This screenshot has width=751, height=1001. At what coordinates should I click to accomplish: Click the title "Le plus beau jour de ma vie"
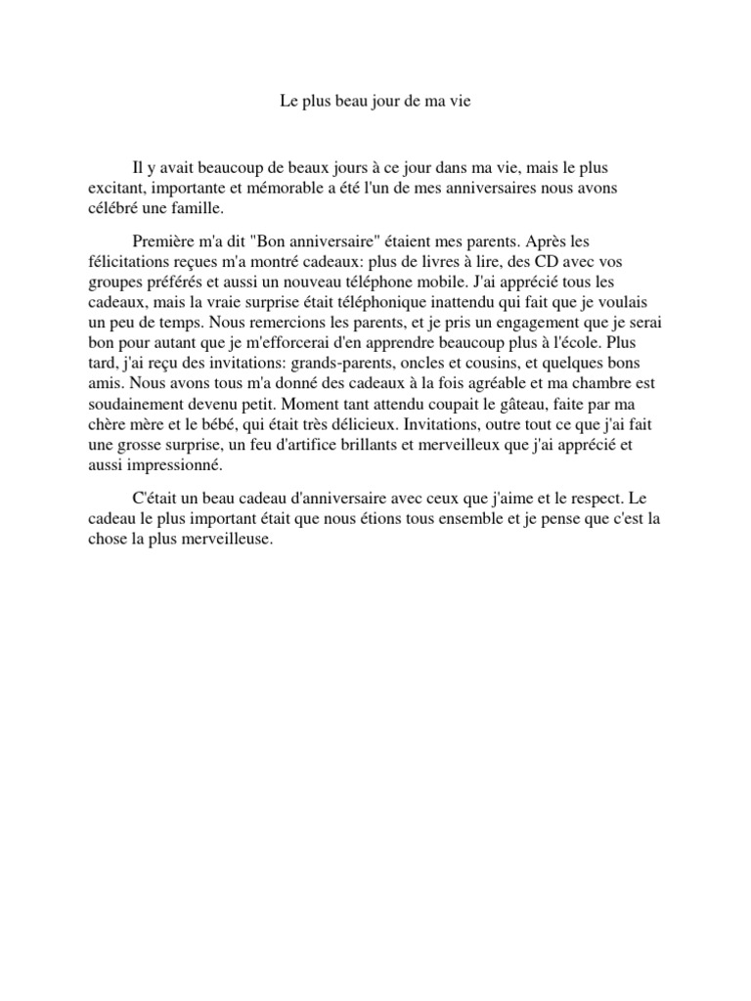(x=375, y=101)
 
